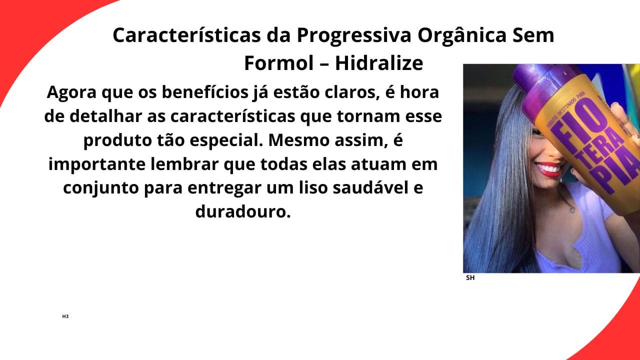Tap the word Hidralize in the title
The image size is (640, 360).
coord(379,63)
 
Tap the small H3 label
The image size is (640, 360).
coord(65,316)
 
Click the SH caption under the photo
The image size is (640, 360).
coord(470,278)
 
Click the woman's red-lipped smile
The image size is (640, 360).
coord(549,168)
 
